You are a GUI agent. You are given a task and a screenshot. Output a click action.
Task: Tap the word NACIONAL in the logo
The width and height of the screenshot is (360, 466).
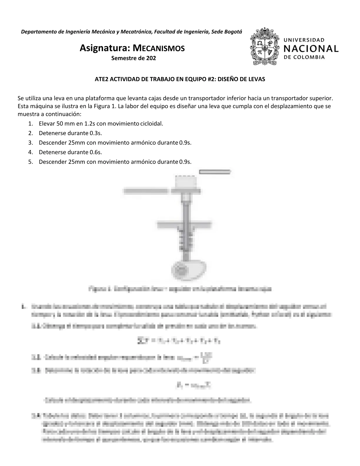[311, 48]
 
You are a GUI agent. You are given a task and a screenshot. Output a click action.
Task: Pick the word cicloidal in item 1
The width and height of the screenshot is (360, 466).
[151, 124]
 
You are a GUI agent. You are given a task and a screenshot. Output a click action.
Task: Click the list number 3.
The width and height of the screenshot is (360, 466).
[31, 143]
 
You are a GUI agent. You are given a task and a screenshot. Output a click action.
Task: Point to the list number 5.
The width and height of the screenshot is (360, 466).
[31, 162]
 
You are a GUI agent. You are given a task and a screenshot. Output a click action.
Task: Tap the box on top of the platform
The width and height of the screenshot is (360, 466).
[185, 182]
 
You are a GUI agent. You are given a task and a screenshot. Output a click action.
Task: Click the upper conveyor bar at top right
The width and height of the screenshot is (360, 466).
[215, 172]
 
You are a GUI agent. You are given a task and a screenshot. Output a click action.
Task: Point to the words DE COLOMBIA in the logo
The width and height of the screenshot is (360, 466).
[304, 57]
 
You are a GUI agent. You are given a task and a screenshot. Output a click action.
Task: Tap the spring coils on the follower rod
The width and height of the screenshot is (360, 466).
[185, 239]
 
